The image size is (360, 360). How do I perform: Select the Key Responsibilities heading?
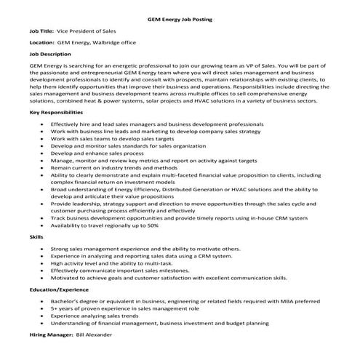click(57, 113)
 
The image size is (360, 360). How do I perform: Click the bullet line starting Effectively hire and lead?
click(167, 124)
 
